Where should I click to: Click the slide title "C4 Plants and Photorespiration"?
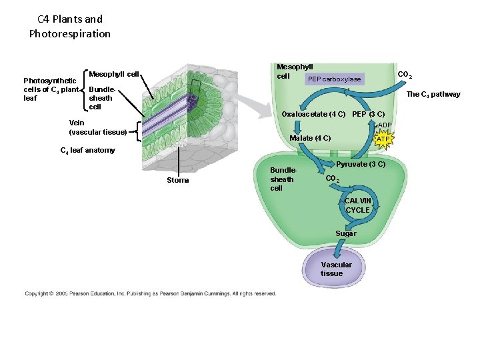tap(70, 26)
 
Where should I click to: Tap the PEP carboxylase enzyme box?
tap(334, 79)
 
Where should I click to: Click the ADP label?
tap(385, 125)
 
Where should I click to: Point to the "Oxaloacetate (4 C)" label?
tap(313, 114)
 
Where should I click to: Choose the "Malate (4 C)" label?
tap(310, 138)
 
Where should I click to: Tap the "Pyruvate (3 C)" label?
tap(361, 164)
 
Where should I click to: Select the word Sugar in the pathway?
tap(345, 233)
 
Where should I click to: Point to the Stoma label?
tap(178, 180)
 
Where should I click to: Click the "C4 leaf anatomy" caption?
tap(87, 150)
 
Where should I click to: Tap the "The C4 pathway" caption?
tap(433, 94)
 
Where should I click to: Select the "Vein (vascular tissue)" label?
tap(98, 127)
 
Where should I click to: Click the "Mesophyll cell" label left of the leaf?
tap(113, 73)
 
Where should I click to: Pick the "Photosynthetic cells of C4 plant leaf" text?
tap(51, 89)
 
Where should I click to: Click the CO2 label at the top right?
tap(405, 75)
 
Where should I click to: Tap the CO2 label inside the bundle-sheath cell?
tap(333, 179)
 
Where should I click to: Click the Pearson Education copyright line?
tap(150, 293)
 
